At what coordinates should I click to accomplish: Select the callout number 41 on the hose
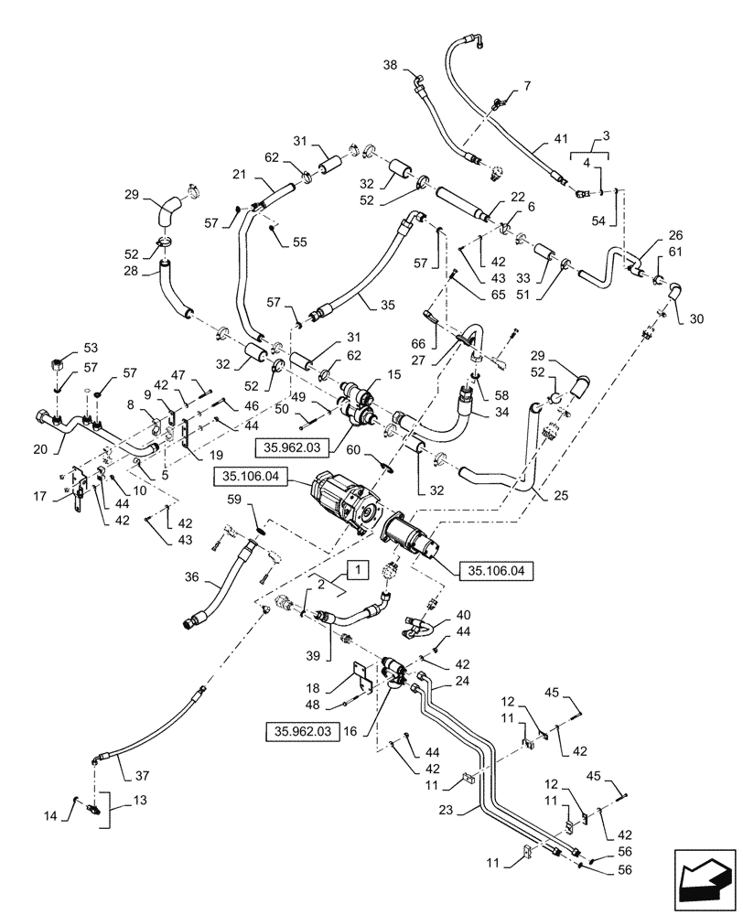[561, 142]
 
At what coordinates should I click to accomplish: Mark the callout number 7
[526, 85]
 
